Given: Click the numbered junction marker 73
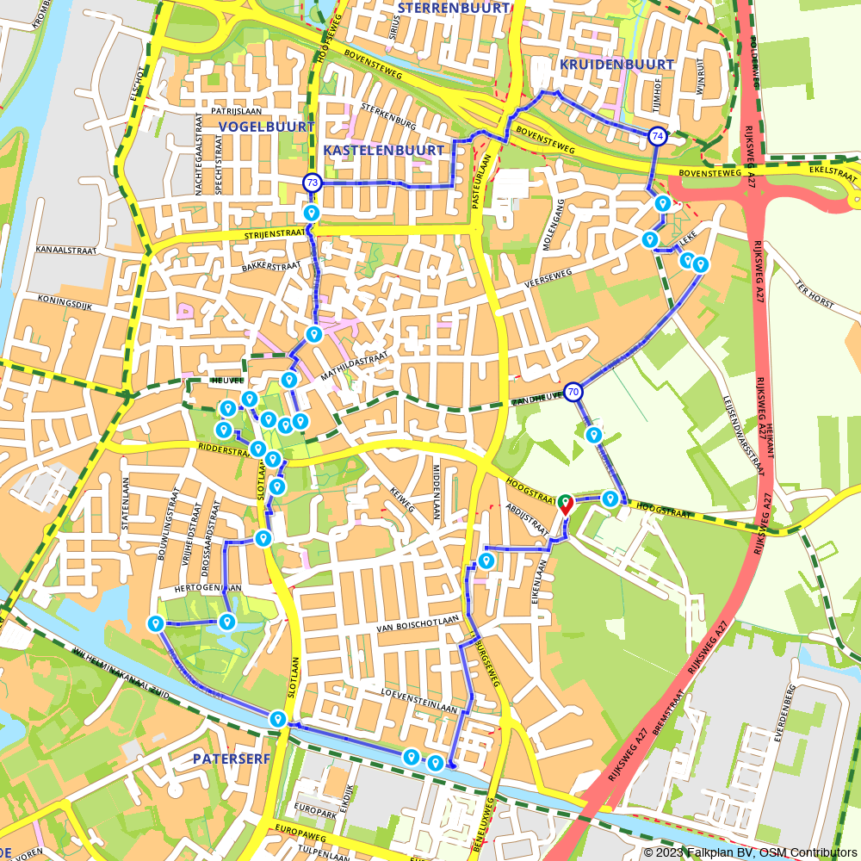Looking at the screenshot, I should click(312, 183).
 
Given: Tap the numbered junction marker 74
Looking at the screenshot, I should click(657, 136).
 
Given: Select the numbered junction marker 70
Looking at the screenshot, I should click(573, 393).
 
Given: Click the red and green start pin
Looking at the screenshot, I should click(566, 503).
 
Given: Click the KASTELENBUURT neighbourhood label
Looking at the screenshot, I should click(384, 150).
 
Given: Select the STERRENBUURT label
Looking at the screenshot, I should click(454, 8).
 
